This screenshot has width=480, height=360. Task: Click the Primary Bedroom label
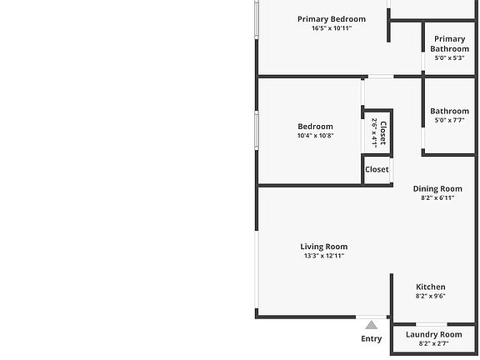(332, 19)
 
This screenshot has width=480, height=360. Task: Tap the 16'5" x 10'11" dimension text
(332, 28)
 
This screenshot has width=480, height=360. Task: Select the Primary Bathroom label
(449, 43)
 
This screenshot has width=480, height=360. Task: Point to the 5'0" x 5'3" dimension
(449, 58)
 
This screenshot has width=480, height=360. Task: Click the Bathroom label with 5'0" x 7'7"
(449, 111)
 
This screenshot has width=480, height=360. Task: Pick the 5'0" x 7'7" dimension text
(449, 121)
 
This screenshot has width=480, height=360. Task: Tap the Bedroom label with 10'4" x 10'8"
(315, 127)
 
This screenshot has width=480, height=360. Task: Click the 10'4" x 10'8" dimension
(315, 136)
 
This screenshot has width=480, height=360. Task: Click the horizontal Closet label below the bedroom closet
(377, 169)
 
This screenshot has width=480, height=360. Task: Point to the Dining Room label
(437, 189)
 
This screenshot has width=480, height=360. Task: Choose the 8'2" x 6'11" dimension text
(437, 198)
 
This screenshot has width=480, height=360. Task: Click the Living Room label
(324, 247)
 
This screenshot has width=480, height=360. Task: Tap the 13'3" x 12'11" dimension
(324, 256)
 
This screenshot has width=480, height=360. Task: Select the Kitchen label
(431, 287)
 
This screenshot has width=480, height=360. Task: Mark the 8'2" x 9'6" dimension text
(431, 296)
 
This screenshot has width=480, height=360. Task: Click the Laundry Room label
(433, 334)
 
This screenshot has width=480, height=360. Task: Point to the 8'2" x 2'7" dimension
(433, 343)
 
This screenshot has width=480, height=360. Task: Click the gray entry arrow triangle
(372, 325)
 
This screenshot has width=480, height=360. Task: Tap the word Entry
(372, 339)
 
